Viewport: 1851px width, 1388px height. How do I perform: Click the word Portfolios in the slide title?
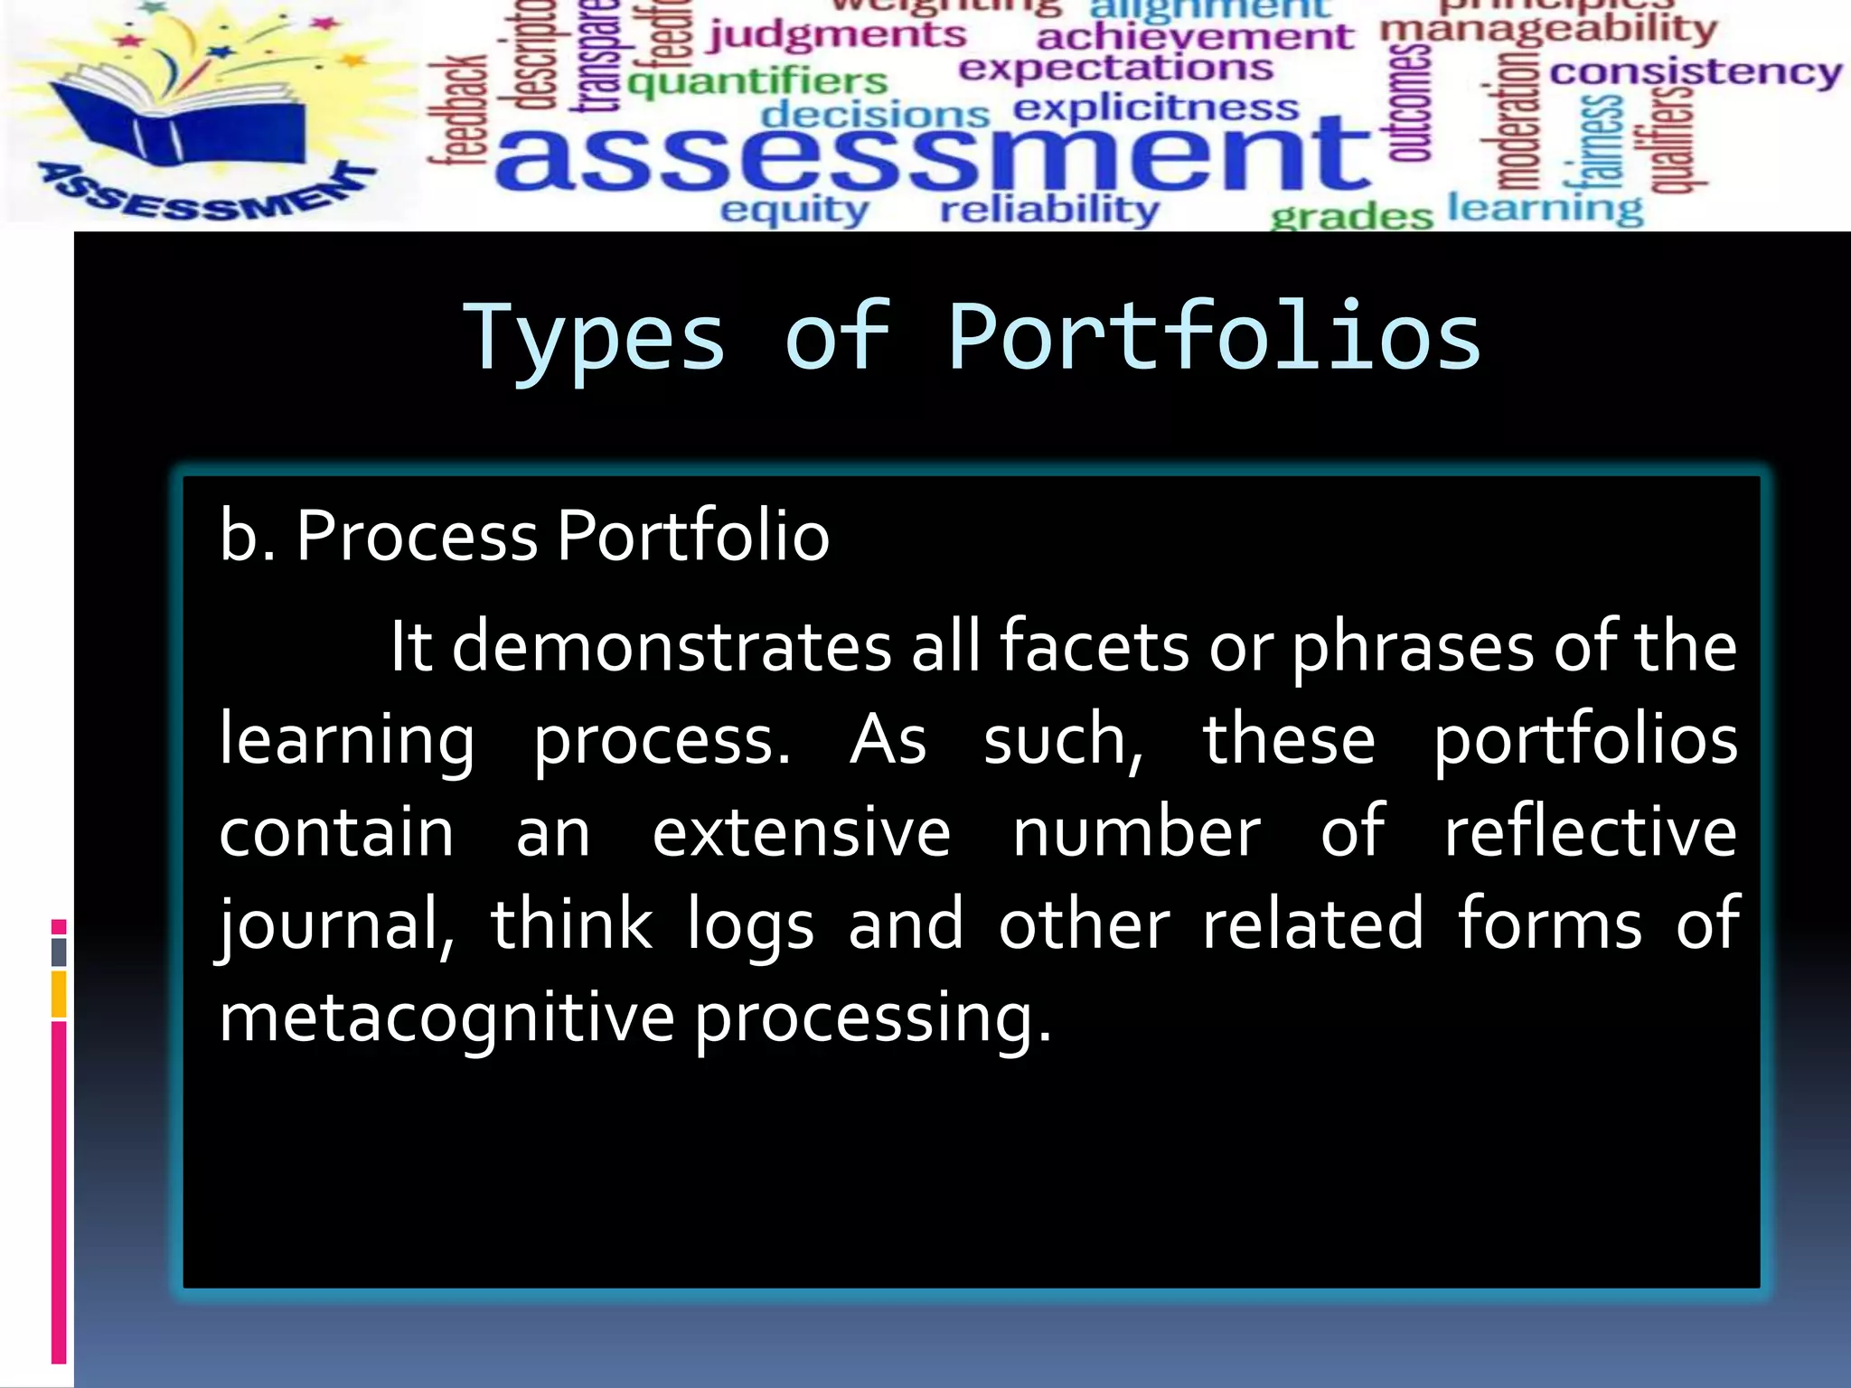(1214, 337)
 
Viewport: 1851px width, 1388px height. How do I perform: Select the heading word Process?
(417, 537)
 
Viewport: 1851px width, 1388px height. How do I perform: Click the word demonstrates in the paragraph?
(672, 647)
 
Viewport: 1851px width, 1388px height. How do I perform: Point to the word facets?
(1094, 647)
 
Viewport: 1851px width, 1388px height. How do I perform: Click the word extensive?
(801, 832)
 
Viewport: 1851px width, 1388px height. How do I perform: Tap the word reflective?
(1590, 832)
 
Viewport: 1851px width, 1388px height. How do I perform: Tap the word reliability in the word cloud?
(1049, 211)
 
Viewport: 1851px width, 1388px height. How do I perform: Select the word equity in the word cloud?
(794, 211)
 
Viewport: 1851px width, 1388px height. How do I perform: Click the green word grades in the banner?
(1351, 217)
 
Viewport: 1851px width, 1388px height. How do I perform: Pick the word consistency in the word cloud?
(1696, 71)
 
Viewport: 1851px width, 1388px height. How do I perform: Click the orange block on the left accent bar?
(59, 994)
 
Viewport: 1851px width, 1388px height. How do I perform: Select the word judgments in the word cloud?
(837, 36)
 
